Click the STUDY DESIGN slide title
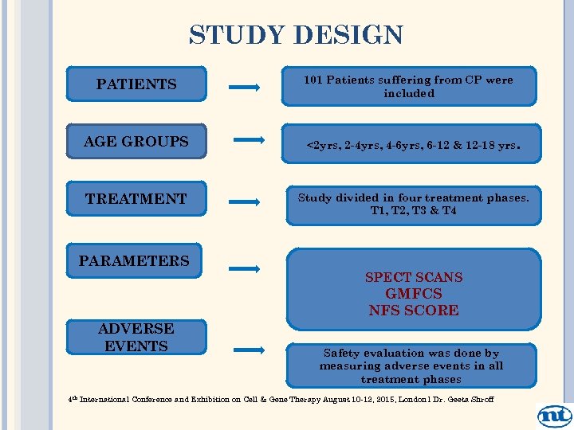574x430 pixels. click(296, 36)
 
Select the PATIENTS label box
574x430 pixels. click(136, 84)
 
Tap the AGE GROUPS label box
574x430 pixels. click(136, 142)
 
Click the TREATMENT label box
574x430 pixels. click(136, 199)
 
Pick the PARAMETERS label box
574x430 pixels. click(134, 261)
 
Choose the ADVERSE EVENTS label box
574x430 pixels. click(136, 338)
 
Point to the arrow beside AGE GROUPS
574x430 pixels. click(249, 141)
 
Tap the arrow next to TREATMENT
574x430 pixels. click(244, 202)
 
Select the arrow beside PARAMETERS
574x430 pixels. click(244, 269)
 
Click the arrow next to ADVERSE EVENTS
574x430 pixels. click(249, 349)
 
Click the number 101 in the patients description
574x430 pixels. click(313, 80)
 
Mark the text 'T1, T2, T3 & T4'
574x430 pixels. click(413, 211)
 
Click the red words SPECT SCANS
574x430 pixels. click(414, 277)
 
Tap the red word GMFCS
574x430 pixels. click(414, 294)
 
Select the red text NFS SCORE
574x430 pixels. click(414, 311)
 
